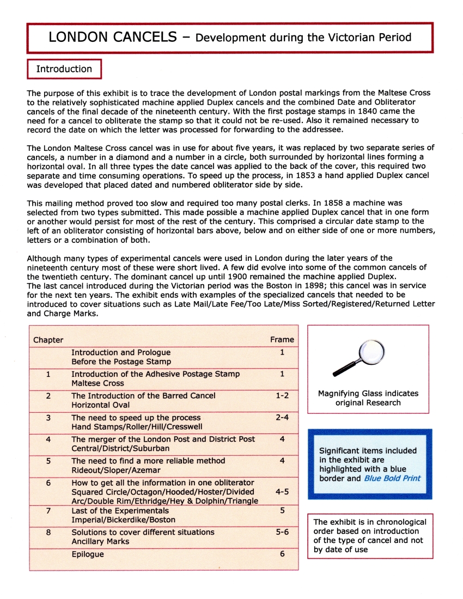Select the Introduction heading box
click(x=64, y=69)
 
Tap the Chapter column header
click(x=48, y=340)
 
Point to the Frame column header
click(x=282, y=340)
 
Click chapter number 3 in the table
click(x=48, y=418)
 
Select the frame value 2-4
click(x=282, y=418)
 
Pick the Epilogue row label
click(x=88, y=554)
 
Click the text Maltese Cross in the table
click(x=96, y=383)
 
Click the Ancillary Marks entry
click(x=100, y=542)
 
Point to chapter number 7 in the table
click(x=48, y=511)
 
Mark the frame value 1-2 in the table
click(x=282, y=396)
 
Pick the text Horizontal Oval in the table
click(x=100, y=405)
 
